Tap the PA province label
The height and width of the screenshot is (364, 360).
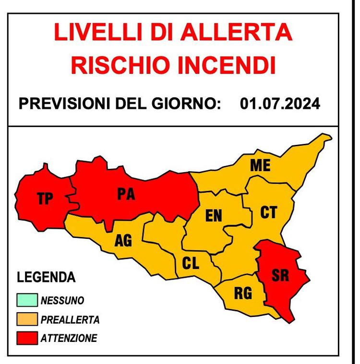(x=126, y=194)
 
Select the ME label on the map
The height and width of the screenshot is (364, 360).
(x=260, y=166)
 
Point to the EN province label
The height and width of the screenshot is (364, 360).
(x=214, y=216)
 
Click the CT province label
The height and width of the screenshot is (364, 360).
(x=268, y=212)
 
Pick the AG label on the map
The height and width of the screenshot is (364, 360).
(x=123, y=241)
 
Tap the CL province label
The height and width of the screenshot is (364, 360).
(x=191, y=263)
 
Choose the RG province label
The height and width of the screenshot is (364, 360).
(x=243, y=293)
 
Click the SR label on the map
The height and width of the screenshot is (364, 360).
(x=280, y=276)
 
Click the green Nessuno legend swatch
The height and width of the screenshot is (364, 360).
(x=27, y=301)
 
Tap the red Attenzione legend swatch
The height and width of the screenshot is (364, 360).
(x=27, y=338)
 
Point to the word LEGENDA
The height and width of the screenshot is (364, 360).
(x=46, y=277)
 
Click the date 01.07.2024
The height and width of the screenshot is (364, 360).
(x=280, y=104)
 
